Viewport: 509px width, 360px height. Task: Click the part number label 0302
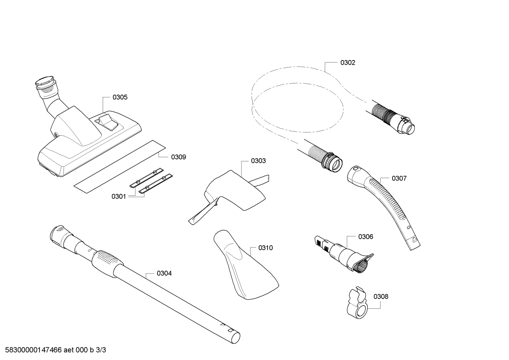(x=347, y=63)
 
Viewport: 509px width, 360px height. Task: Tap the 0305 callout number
(x=120, y=97)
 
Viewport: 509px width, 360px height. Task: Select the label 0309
(x=178, y=157)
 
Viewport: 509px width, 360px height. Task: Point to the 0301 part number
(x=119, y=196)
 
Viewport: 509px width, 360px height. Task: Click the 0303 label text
(x=258, y=161)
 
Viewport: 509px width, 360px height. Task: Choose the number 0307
(x=399, y=178)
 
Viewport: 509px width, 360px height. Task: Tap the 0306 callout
(x=365, y=237)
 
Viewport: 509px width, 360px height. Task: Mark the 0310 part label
(x=265, y=248)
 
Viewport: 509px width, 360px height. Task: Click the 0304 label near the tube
(x=164, y=273)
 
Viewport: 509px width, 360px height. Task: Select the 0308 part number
(x=381, y=296)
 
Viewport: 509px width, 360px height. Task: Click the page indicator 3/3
(x=101, y=350)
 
